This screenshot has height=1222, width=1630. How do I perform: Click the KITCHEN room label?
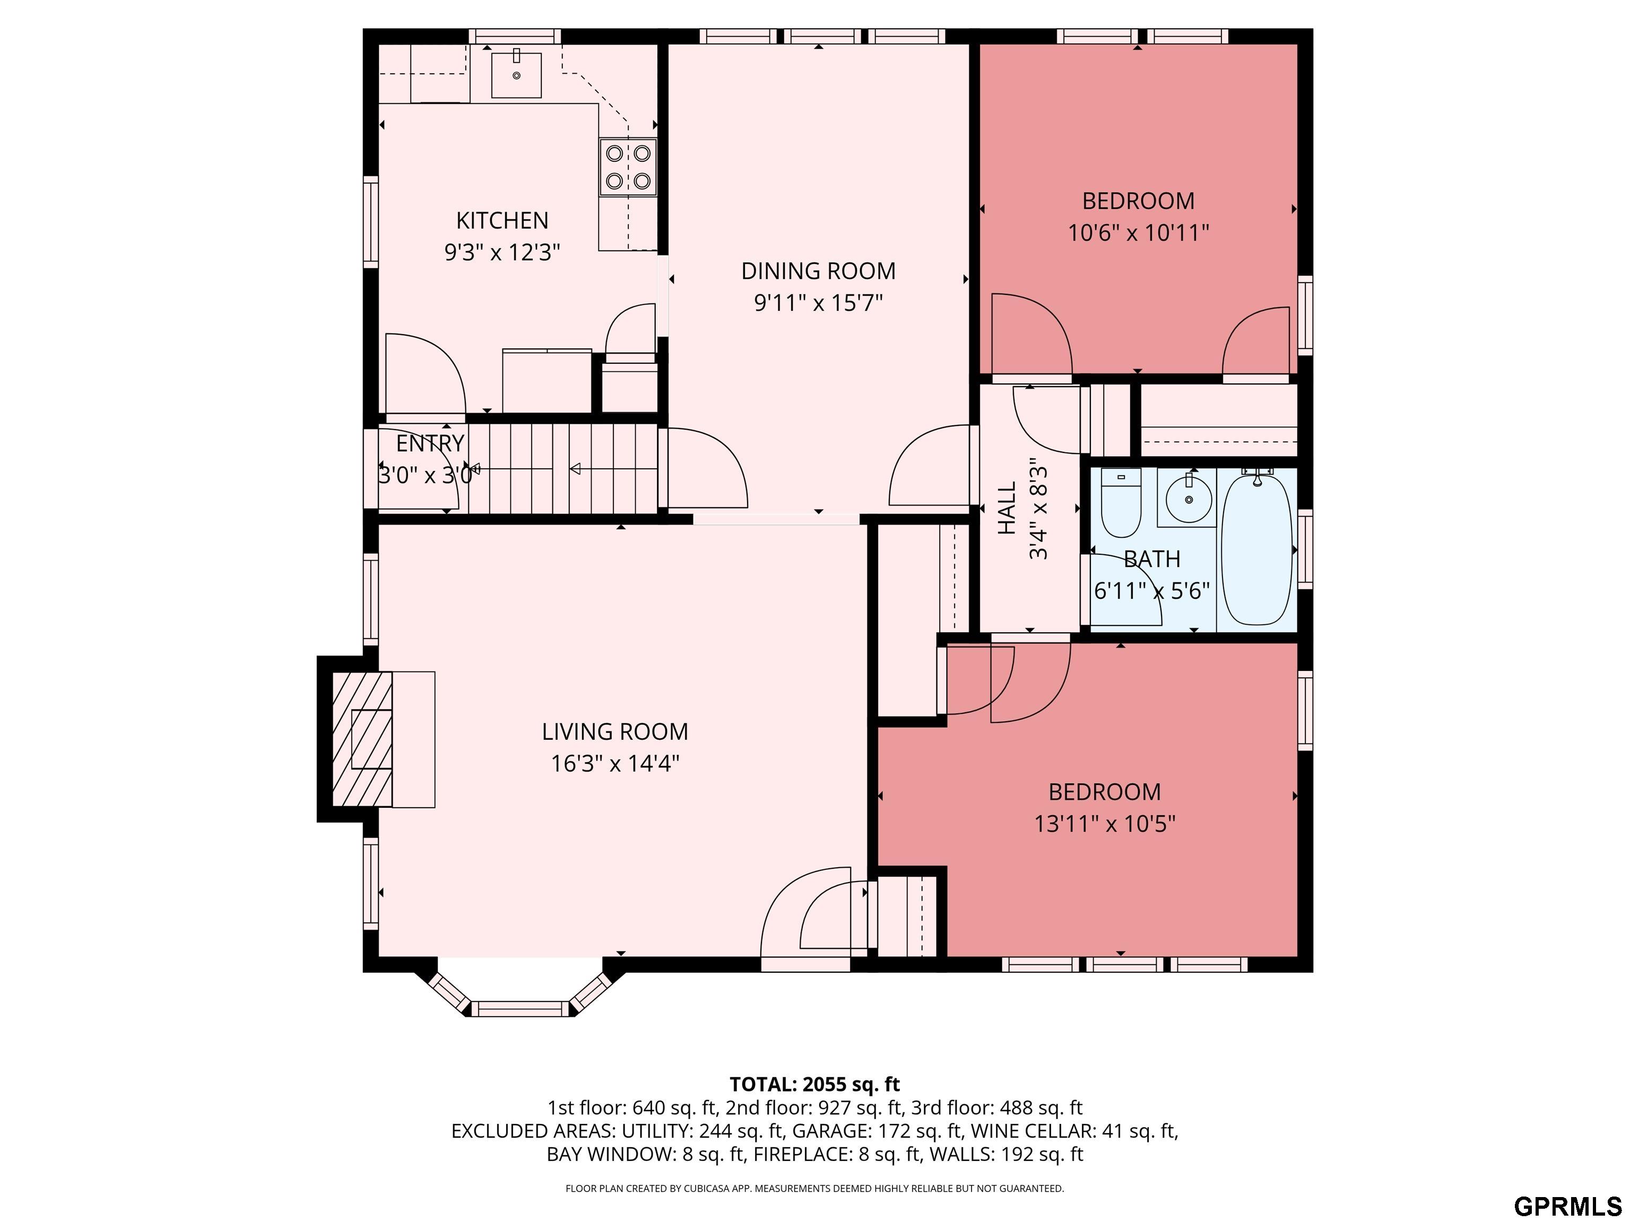pyautogui.click(x=502, y=220)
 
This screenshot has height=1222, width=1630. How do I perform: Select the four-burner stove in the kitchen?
pyautogui.click(x=628, y=167)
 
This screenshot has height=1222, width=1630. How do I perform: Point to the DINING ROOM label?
pyautogui.click(x=818, y=271)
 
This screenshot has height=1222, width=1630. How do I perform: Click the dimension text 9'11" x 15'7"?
pyautogui.click(x=818, y=303)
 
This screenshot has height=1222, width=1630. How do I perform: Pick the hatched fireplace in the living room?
pyautogui.click(x=362, y=739)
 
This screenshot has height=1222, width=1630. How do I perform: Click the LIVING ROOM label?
pyautogui.click(x=614, y=731)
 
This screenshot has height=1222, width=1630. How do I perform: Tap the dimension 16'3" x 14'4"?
pyautogui.click(x=614, y=764)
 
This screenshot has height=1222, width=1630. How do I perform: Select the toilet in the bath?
pyautogui.click(x=1121, y=502)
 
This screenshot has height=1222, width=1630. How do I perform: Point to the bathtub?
pyautogui.click(x=1257, y=549)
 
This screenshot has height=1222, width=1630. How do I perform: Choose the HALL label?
pyautogui.click(x=1007, y=508)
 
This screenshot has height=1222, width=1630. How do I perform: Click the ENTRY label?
pyautogui.click(x=430, y=443)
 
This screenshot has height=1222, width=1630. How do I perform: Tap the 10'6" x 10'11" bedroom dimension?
pyautogui.click(x=1139, y=233)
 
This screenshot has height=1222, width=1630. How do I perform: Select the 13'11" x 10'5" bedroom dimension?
pyautogui.click(x=1105, y=824)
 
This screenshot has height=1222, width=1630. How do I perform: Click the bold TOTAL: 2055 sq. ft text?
pyautogui.click(x=814, y=1084)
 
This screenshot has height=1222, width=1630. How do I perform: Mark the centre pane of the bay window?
pyautogui.click(x=520, y=1008)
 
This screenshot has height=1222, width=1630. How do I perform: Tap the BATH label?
pyautogui.click(x=1152, y=559)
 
